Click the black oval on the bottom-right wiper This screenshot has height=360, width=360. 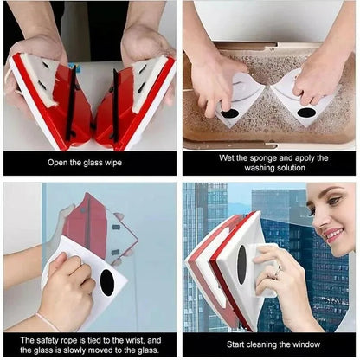click(x=241, y=263)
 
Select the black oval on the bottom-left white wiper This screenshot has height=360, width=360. click(x=106, y=281)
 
